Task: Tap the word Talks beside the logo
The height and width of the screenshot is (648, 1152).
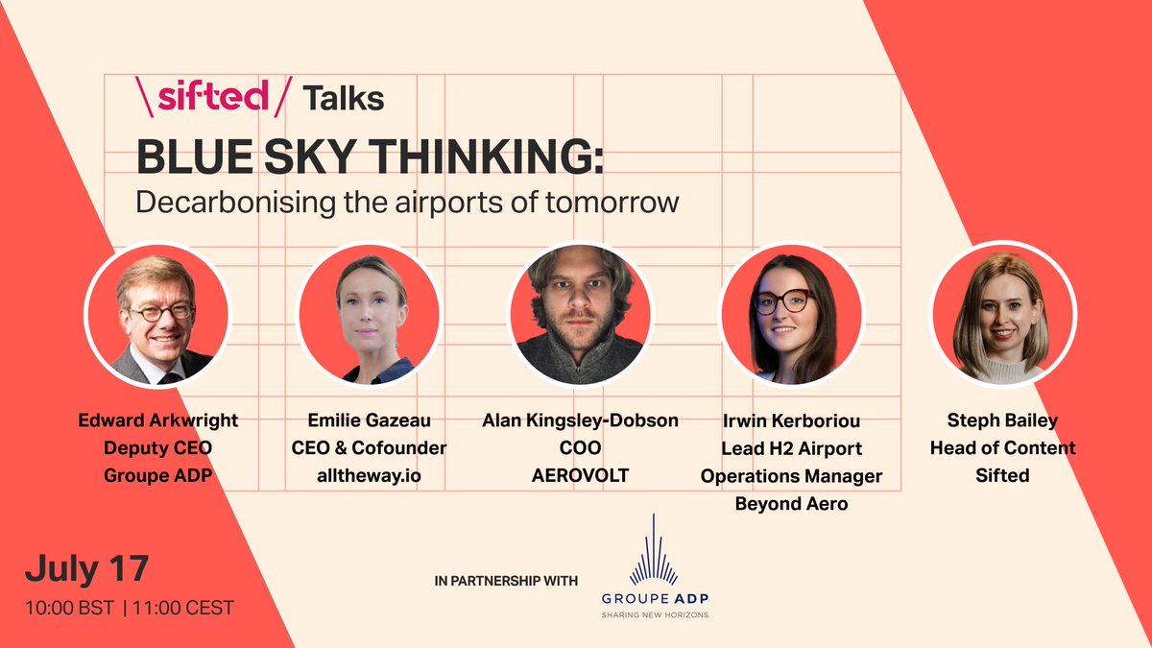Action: [343, 98]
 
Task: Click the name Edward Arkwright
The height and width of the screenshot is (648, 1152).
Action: [156, 421]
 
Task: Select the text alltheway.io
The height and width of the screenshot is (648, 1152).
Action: [370, 475]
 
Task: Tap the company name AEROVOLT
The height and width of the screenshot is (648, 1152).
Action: [579, 475]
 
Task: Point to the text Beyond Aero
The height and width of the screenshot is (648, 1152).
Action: [791, 503]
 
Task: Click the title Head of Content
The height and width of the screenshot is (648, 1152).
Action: [1003, 448]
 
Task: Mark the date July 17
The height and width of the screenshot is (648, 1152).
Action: [86, 568]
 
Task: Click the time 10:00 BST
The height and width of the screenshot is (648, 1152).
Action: [70, 608]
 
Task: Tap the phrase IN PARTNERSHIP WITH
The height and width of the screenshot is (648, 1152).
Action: [506, 581]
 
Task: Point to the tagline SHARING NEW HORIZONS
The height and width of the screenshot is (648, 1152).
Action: [655, 614]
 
